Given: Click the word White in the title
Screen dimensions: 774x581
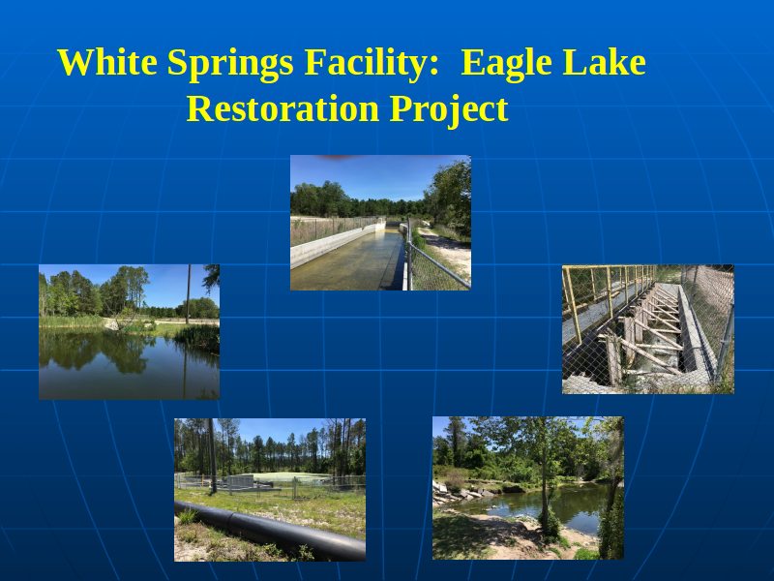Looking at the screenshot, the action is (x=107, y=62).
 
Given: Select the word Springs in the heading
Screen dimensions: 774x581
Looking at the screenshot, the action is (x=230, y=64).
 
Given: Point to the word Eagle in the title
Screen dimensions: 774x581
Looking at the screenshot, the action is (x=506, y=64).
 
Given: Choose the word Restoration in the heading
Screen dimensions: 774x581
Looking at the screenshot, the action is (x=283, y=108).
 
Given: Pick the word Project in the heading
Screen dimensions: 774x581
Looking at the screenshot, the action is (x=449, y=110).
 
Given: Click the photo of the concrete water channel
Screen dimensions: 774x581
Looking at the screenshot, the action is (x=380, y=223).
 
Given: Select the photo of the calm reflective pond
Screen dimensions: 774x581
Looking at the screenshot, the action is (x=130, y=332).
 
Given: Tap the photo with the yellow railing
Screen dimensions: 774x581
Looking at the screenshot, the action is (x=648, y=329).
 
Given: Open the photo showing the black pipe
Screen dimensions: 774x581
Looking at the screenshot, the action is (x=270, y=490).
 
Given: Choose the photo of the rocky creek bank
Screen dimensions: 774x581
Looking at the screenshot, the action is (x=528, y=488).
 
